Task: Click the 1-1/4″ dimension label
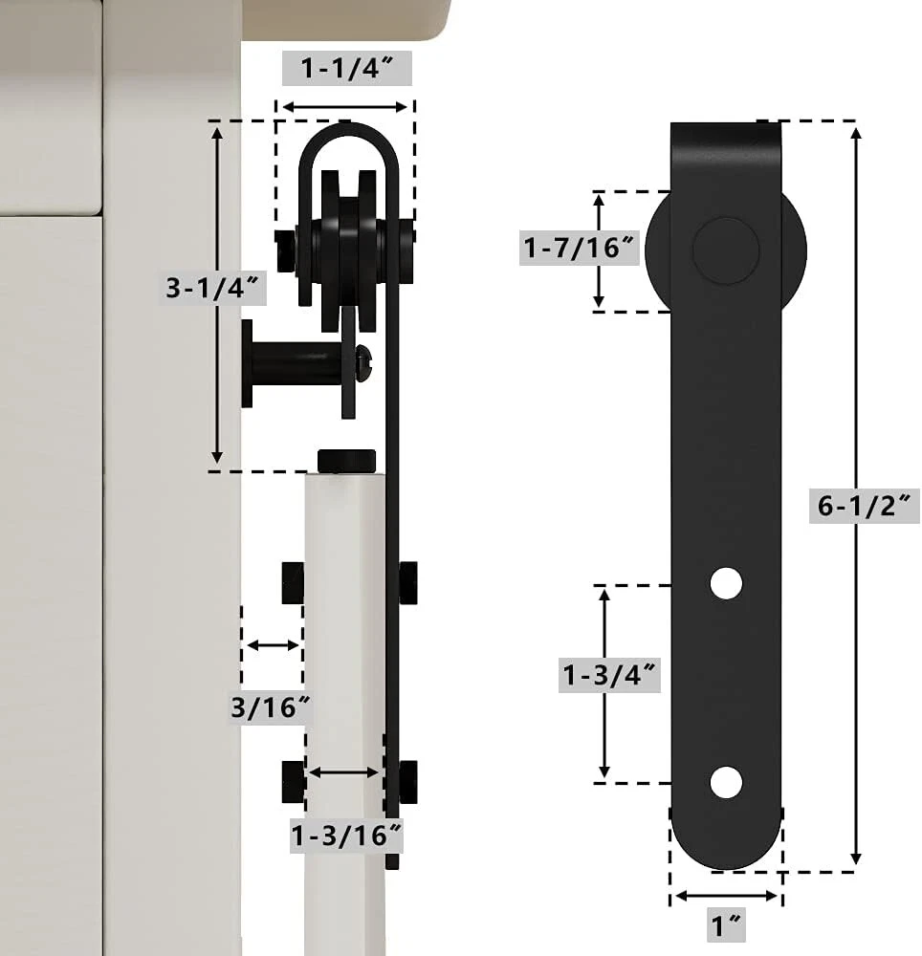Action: pyautogui.click(x=347, y=68)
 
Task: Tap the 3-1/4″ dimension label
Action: pyautogui.click(x=213, y=287)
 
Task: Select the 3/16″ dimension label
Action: pyautogui.click(x=272, y=706)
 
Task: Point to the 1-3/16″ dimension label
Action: pyautogui.click(x=347, y=835)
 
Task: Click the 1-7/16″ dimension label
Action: pyautogui.click(x=580, y=248)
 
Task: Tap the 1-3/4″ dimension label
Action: pyautogui.click(x=609, y=675)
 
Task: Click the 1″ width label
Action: pyautogui.click(x=727, y=924)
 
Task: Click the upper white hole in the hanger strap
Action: pyautogui.click(x=726, y=583)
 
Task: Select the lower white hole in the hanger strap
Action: pyautogui.click(x=726, y=782)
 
